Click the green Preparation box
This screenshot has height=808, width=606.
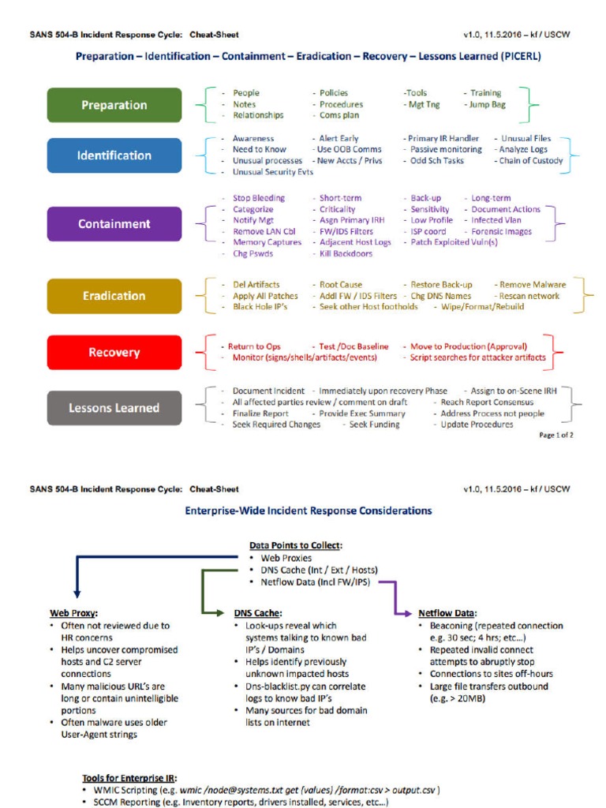114,105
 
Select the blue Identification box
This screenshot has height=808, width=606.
114,155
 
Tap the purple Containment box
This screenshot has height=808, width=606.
114,224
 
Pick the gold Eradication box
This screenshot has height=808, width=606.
114,296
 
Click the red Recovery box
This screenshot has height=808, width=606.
114,352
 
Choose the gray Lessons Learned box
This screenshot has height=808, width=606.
114,408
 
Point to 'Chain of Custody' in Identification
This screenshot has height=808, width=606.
530,161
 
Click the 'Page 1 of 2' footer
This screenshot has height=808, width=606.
555,435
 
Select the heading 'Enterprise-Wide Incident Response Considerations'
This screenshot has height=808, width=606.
309,511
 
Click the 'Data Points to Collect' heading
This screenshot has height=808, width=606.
296,545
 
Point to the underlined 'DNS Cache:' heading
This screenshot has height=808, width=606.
258,612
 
